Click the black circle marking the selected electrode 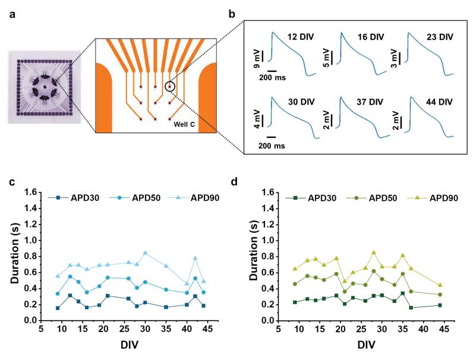pyautogui.click(x=170, y=87)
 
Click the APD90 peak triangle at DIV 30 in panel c pyautogui.click(x=145, y=252)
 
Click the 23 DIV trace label pyautogui.click(x=439, y=37)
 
